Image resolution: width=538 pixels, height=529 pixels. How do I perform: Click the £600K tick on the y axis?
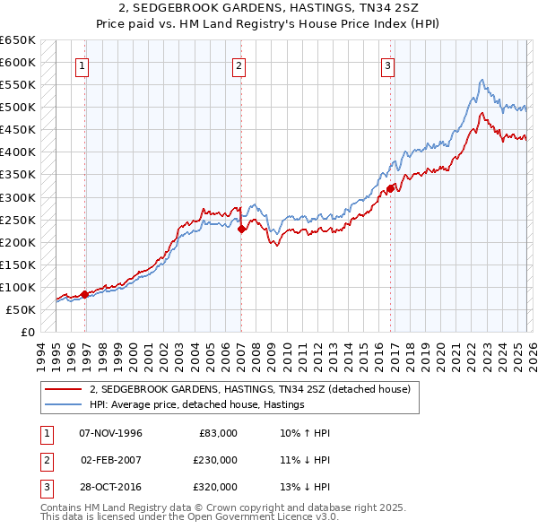pos(18,63)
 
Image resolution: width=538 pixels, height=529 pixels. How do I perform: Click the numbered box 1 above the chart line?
pos(82,65)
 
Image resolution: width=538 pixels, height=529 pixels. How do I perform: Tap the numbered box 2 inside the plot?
pos(239,65)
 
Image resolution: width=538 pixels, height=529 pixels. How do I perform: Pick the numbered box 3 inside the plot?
pos(388,65)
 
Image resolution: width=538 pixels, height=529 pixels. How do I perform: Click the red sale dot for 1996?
pos(84,294)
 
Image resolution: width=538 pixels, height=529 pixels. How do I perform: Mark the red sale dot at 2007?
pos(242,229)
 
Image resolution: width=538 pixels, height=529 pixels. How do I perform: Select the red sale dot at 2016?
pos(391,188)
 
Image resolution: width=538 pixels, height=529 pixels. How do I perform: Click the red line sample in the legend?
pos(65,389)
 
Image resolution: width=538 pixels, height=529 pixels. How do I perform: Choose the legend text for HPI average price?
pos(197,404)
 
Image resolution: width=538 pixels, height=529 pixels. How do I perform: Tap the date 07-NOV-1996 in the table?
pos(110,433)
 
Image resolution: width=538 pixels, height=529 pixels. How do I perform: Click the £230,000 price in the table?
pos(215,460)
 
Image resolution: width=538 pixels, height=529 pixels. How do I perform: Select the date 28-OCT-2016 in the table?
pos(110,487)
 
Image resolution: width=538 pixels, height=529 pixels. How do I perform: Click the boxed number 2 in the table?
pos(44,460)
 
